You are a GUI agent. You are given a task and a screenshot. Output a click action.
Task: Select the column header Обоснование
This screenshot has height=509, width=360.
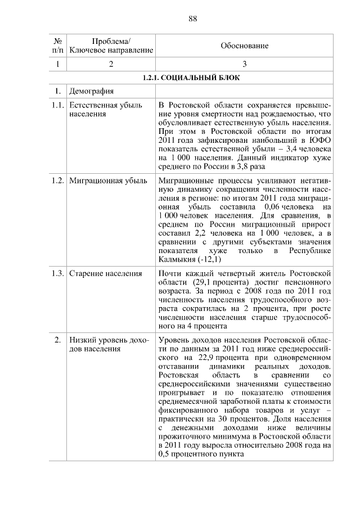[x=244, y=46]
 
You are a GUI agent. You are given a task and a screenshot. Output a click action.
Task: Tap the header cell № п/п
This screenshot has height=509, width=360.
[x=57, y=46]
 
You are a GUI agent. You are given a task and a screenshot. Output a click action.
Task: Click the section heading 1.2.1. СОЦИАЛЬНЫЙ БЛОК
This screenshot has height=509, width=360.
[x=191, y=78]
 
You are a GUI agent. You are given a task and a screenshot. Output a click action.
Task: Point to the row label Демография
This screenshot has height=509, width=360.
[x=91, y=91]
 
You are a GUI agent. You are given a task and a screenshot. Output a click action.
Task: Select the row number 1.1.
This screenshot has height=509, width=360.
[x=56, y=105]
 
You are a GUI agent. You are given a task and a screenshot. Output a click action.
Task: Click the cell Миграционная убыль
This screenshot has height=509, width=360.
[x=107, y=181]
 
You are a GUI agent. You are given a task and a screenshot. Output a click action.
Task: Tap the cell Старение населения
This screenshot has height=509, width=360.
[x=105, y=273]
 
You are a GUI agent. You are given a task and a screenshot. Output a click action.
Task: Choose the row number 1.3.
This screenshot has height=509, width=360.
[x=56, y=273]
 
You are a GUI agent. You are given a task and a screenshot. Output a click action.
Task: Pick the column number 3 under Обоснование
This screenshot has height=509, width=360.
[x=244, y=64]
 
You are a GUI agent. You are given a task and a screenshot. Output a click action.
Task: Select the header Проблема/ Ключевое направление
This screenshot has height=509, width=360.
[x=111, y=46]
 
